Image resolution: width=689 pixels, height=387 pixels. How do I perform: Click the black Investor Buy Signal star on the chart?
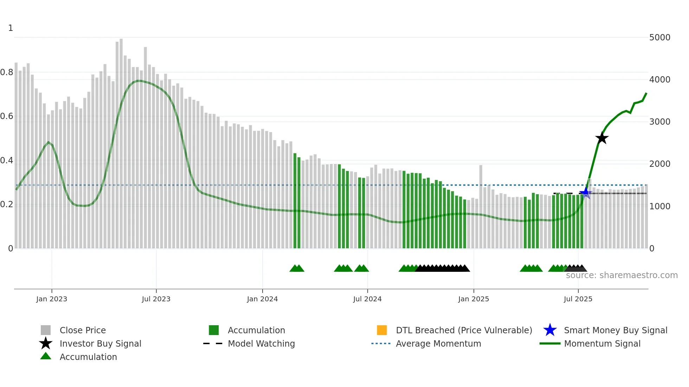pyautogui.click(x=602, y=138)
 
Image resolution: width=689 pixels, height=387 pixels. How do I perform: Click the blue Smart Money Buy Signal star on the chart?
pyautogui.click(x=585, y=192)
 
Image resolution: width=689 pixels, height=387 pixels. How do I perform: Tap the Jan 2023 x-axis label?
pyautogui.click(x=52, y=299)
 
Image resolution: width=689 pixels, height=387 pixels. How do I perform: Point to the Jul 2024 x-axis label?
pyautogui.click(x=367, y=299)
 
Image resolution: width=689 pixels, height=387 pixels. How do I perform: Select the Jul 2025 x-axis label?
pyautogui.click(x=578, y=299)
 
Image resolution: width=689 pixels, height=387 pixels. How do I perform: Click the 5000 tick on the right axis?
pyautogui.click(x=659, y=38)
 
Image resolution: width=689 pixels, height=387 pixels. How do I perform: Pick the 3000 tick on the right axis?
pyautogui.click(x=659, y=122)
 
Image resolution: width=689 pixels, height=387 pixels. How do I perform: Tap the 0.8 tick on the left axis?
pyautogui.click(x=7, y=72)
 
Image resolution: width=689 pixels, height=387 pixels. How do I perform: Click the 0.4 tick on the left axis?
pyautogui.click(x=7, y=160)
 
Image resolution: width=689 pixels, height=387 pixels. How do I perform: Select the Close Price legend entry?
pyautogui.click(x=83, y=330)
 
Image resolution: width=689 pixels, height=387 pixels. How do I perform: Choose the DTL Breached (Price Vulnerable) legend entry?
pyautogui.click(x=464, y=330)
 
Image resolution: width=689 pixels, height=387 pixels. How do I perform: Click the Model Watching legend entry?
pyautogui.click(x=261, y=343)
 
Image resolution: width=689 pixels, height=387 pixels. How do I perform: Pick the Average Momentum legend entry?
pyautogui.click(x=438, y=343)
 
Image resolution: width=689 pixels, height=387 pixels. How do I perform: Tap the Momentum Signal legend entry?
pyautogui.click(x=602, y=343)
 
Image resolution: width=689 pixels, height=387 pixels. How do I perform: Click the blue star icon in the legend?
pyautogui.click(x=550, y=330)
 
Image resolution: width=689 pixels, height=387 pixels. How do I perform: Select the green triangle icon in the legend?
pyautogui.click(x=46, y=356)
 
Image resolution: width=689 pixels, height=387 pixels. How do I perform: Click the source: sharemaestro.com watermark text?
pyautogui.click(x=622, y=275)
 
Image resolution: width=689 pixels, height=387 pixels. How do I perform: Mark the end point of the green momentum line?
pyautogui.click(x=646, y=93)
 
